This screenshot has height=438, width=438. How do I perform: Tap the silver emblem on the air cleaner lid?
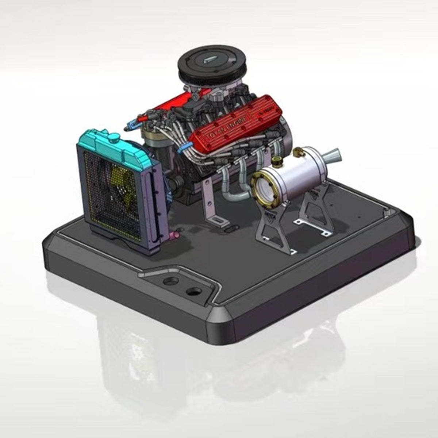[211, 61]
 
